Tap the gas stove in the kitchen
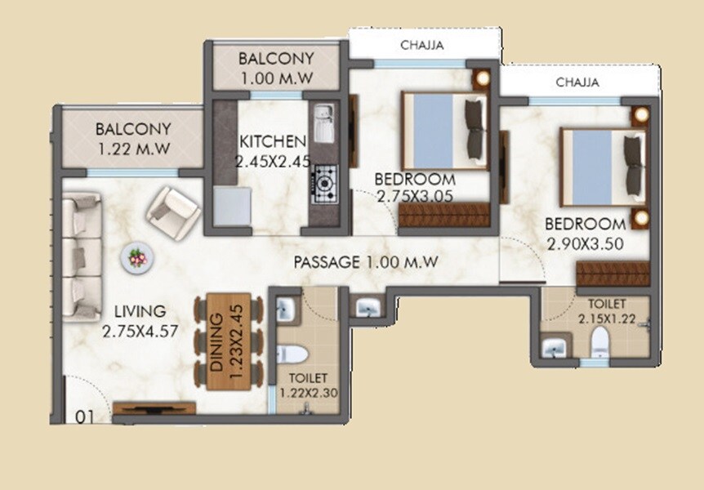tap(325, 183)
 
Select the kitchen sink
tap(323, 121)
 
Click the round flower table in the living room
tap(135, 258)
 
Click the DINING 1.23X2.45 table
tap(228, 341)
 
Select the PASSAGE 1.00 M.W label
tap(367, 262)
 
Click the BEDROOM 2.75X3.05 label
tap(414, 187)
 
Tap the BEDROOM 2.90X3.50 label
tap(585, 233)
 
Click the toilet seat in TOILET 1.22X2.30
tap(292, 354)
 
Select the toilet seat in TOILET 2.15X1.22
tap(599, 344)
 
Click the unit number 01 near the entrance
tap(82, 416)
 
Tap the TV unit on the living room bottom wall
tap(154, 407)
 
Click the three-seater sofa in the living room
tap(82, 256)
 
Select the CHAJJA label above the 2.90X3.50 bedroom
tap(577, 82)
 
